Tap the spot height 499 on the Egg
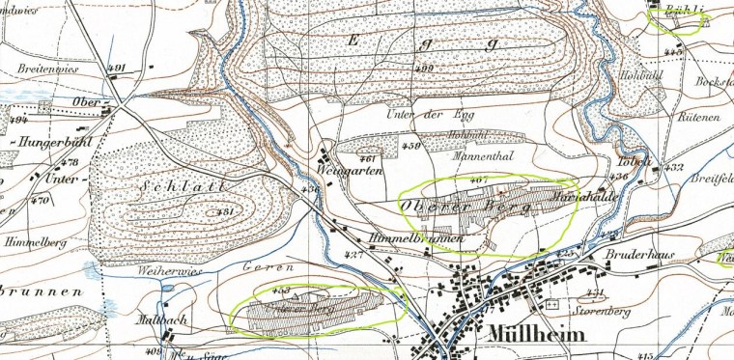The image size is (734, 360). pos(425,69)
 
